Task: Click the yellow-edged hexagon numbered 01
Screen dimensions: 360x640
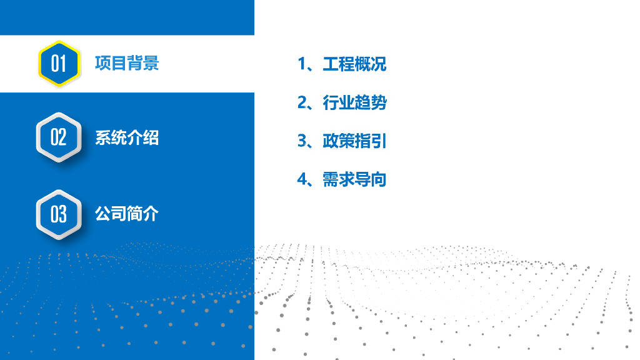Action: (58, 63)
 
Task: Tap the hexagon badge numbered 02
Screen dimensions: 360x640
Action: (58, 137)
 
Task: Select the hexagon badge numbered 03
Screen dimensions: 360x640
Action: (58, 214)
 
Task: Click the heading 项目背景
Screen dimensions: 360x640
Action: (127, 63)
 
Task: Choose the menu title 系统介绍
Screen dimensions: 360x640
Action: (127, 137)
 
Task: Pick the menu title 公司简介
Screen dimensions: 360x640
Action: (127, 214)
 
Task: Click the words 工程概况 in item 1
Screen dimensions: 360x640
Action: (354, 64)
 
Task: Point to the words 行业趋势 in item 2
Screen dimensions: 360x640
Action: (354, 102)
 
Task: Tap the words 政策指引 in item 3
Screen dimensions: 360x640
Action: (354, 141)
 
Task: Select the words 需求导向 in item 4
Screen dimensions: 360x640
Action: (354, 180)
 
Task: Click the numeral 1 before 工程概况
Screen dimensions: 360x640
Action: (302, 64)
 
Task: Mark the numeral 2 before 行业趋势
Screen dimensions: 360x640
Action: (302, 102)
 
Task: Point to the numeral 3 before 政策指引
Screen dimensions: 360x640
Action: (302, 141)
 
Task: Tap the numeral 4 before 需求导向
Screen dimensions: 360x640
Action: (302, 180)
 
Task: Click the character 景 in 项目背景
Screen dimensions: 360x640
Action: (151, 63)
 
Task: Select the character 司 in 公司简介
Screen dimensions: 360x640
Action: (119, 214)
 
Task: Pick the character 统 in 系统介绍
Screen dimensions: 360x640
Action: (119, 137)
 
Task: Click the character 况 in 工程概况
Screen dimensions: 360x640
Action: (379, 64)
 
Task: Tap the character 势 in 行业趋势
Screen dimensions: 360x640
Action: (379, 102)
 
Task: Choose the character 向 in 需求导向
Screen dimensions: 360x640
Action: (379, 180)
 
